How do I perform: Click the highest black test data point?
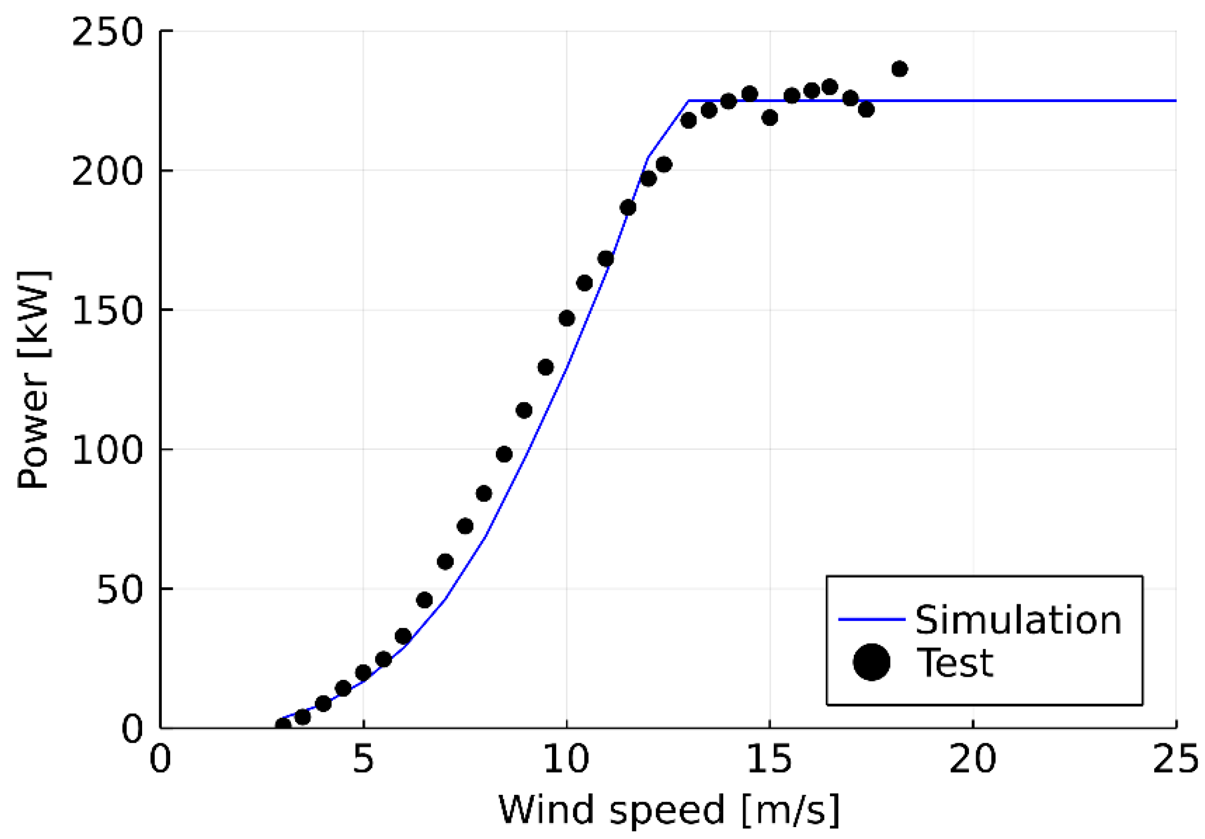coord(899,69)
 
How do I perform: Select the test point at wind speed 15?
coord(770,118)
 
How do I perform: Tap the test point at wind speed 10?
coord(567,318)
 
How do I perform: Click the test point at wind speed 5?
coord(363,672)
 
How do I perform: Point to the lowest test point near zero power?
coord(283,725)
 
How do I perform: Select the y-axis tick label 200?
coord(107,172)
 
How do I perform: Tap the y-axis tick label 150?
coord(107,311)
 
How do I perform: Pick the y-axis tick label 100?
coord(107,450)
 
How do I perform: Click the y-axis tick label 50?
coord(120,589)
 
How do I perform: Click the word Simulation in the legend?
coord(1019,620)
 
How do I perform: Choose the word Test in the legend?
coord(954,663)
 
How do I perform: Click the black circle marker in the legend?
coord(872,662)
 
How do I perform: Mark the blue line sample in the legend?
coord(872,619)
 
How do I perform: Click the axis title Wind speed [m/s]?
coord(668,810)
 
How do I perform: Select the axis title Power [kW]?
coord(33,380)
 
